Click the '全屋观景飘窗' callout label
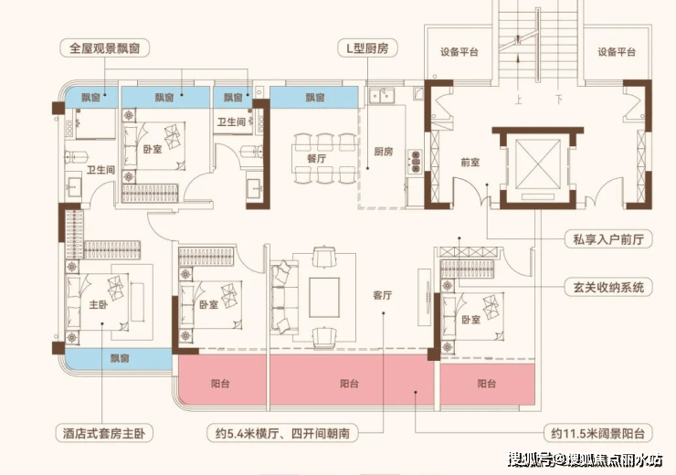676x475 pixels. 102,45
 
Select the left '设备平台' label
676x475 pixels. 459,52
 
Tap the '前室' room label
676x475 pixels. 470,164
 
